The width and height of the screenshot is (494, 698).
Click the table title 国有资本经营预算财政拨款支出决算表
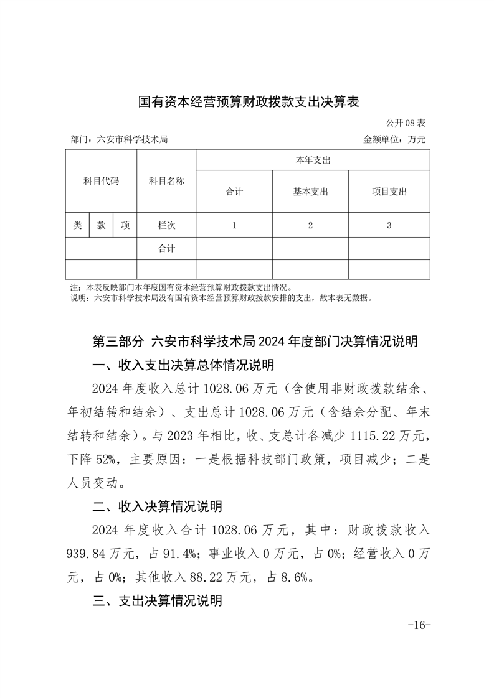tap(249, 101)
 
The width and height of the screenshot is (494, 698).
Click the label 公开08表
tap(405, 123)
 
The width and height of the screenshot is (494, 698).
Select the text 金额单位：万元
tap(394, 140)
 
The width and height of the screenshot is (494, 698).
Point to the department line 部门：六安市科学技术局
tap(120, 140)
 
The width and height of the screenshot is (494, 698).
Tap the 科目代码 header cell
tap(101, 181)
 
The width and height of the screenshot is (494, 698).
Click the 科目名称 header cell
tap(166, 181)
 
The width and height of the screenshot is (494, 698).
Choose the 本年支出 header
tap(312, 161)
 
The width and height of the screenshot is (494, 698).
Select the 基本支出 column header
tap(310, 192)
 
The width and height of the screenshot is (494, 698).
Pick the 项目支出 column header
tap(389, 192)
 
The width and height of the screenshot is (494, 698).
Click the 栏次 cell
tap(166, 225)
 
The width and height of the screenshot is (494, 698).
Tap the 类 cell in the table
tap(77, 225)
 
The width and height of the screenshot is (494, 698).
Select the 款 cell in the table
tap(101, 225)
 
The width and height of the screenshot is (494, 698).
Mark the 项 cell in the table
tap(125, 225)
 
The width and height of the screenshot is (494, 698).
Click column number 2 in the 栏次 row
tap(310, 225)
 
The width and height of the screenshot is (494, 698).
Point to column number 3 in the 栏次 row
tap(389, 225)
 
